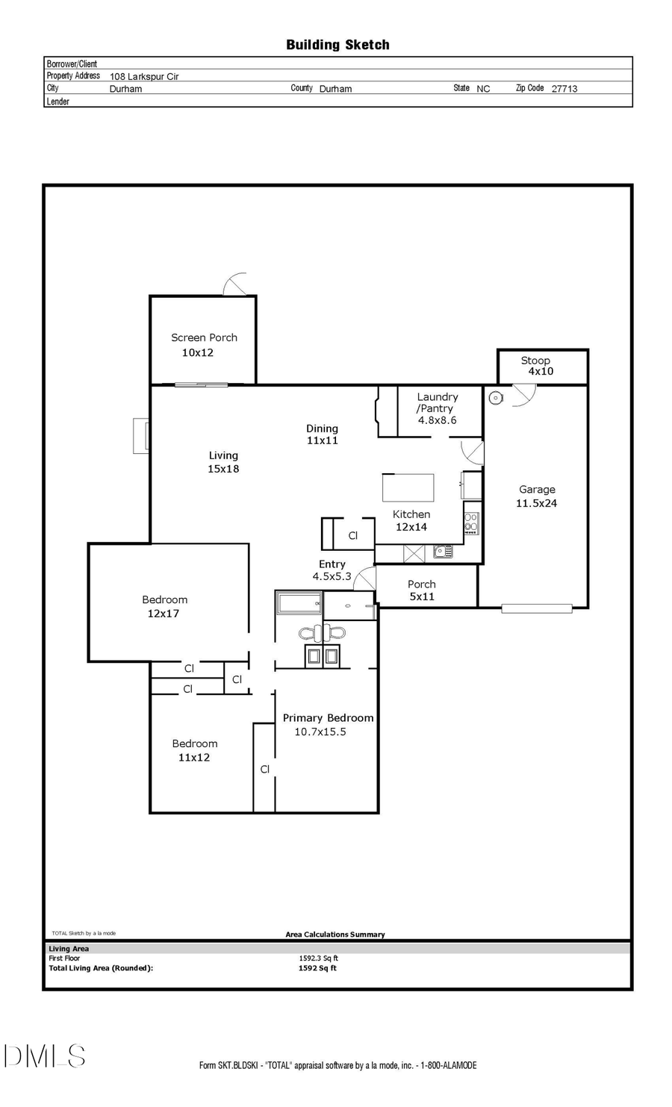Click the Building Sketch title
[337, 45]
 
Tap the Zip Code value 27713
[564, 88]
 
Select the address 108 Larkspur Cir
[144, 76]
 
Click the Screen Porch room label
[204, 337]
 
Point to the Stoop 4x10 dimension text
[541, 371]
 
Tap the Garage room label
[537, 490]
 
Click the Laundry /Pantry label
[437, 402]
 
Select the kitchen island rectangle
[408, 487]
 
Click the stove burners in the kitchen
[471, 522]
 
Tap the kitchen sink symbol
[443, 552]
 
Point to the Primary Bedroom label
[328, 718]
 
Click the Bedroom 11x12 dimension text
[193, 757]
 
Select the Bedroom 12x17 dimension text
[163, 614]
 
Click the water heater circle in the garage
[496, 398]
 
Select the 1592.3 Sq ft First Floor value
[318, 958]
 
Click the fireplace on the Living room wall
[140, 437]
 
